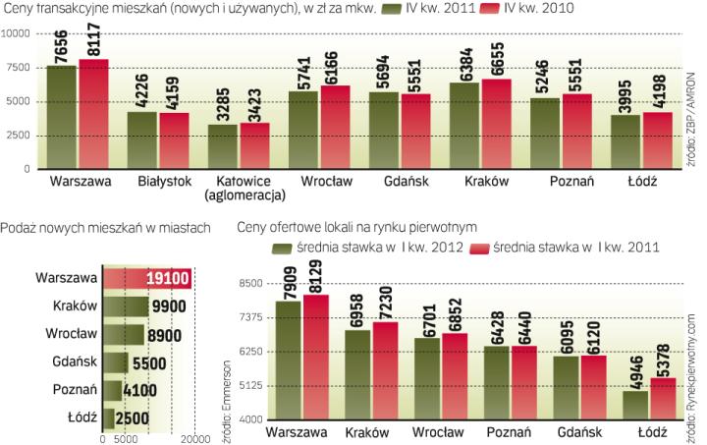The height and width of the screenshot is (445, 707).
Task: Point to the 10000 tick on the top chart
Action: [x=18, y=33]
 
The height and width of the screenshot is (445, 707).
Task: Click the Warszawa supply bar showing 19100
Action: [x=146, y=279]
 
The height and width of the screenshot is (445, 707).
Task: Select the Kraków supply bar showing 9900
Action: [x=127, y=306]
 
